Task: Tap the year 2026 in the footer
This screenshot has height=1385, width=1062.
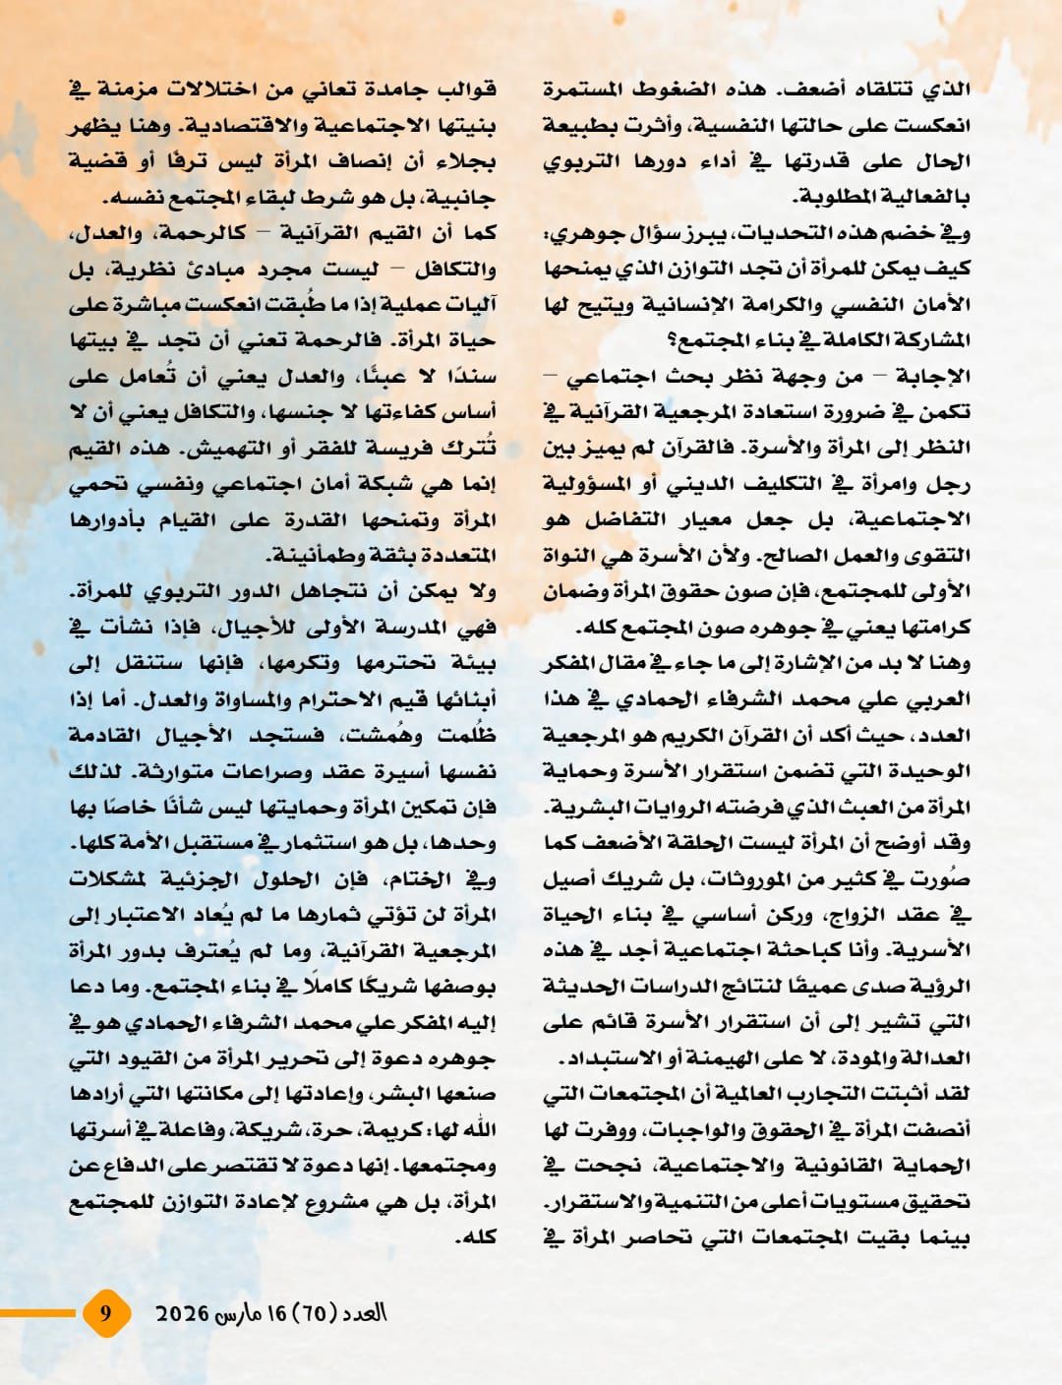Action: point(183,1313)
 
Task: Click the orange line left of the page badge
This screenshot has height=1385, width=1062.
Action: point(39,1312)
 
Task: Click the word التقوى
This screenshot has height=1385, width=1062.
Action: point(939,555)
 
